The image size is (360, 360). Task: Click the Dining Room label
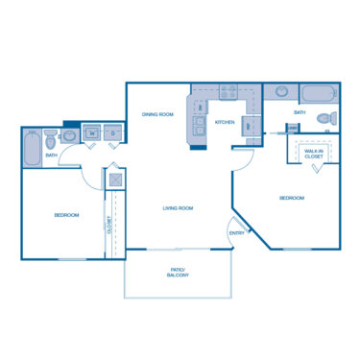pyautogui.click(x=157, y=114)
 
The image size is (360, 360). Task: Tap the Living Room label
pyautogui.click(x=179, y=208)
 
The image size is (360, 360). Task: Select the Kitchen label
pyautogui.click(x=225, y=123)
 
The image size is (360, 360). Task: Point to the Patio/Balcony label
pyautogui.click(x=177, y=272)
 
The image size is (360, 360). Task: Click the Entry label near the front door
pyautogui.click(x=236, y=233)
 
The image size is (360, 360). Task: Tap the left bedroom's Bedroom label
pyautogui.click(x=66, y=214)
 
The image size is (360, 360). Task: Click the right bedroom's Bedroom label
pyautogui.click(x=292, y=198)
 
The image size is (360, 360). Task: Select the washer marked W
pyautogui.click(x=93, y=133)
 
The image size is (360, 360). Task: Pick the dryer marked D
pyautogui.click(x=113, y=133)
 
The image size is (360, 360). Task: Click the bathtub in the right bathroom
pyautogui.click(x=316, y=94)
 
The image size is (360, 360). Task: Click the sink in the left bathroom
pyautogui.click(x=69, y=135)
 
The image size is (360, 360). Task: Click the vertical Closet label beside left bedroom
pyautogui.click(x=110, y=228)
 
